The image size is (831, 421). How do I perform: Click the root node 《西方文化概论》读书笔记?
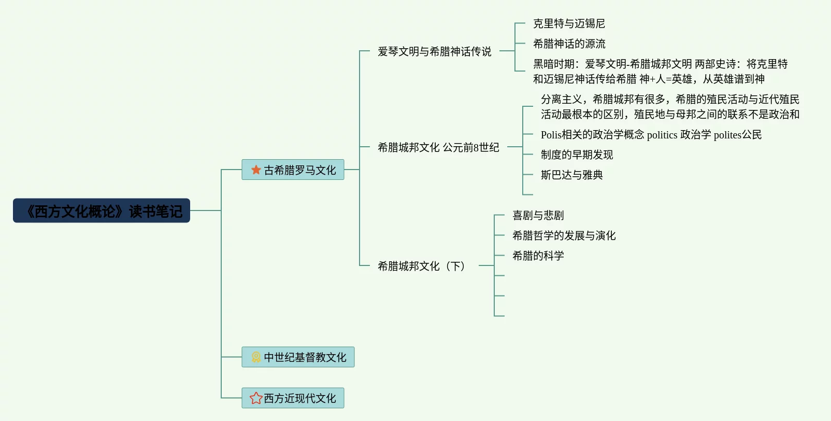point(102,210)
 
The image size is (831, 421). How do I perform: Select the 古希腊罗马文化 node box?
point(293,170)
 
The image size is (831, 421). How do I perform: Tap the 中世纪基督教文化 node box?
point(298,357)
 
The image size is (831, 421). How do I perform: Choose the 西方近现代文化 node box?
point(293,398)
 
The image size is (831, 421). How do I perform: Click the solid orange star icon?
point(256,170)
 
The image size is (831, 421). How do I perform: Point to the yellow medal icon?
point(256,357)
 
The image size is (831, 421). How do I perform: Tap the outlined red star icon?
point(256,398)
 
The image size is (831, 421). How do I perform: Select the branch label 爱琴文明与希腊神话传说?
point(434,51)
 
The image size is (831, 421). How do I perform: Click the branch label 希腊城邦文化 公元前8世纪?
point(438,147)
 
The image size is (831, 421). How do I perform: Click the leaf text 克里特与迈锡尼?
point(569,23)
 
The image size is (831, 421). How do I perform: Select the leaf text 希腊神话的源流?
point(569,44)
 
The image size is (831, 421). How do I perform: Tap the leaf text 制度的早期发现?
point(577,155)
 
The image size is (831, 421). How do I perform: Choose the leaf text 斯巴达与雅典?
point(571,175)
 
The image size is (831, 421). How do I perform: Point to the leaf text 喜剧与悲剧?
point(538,215)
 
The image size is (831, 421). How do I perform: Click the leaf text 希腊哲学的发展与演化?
point(564,235)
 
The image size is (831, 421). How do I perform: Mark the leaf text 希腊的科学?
point(538,256)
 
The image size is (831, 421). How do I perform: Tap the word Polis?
point(551,135)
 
